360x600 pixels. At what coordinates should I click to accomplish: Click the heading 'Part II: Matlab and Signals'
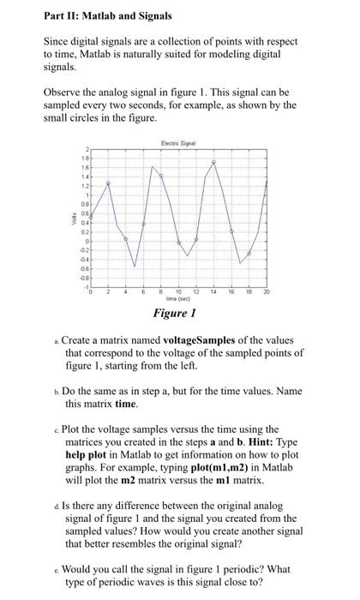(96, 15)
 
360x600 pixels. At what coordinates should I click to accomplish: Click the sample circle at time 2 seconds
(108, 183)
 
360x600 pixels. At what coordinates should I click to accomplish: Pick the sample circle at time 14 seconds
(214, 162)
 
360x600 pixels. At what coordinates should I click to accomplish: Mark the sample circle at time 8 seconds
(161, 176)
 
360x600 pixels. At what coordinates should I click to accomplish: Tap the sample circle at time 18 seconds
(249, 254)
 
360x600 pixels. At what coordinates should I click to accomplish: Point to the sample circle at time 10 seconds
(178, 243)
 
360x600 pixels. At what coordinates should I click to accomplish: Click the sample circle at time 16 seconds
(231, 231)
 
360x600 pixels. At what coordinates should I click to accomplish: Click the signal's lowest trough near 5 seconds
(134, 267)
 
